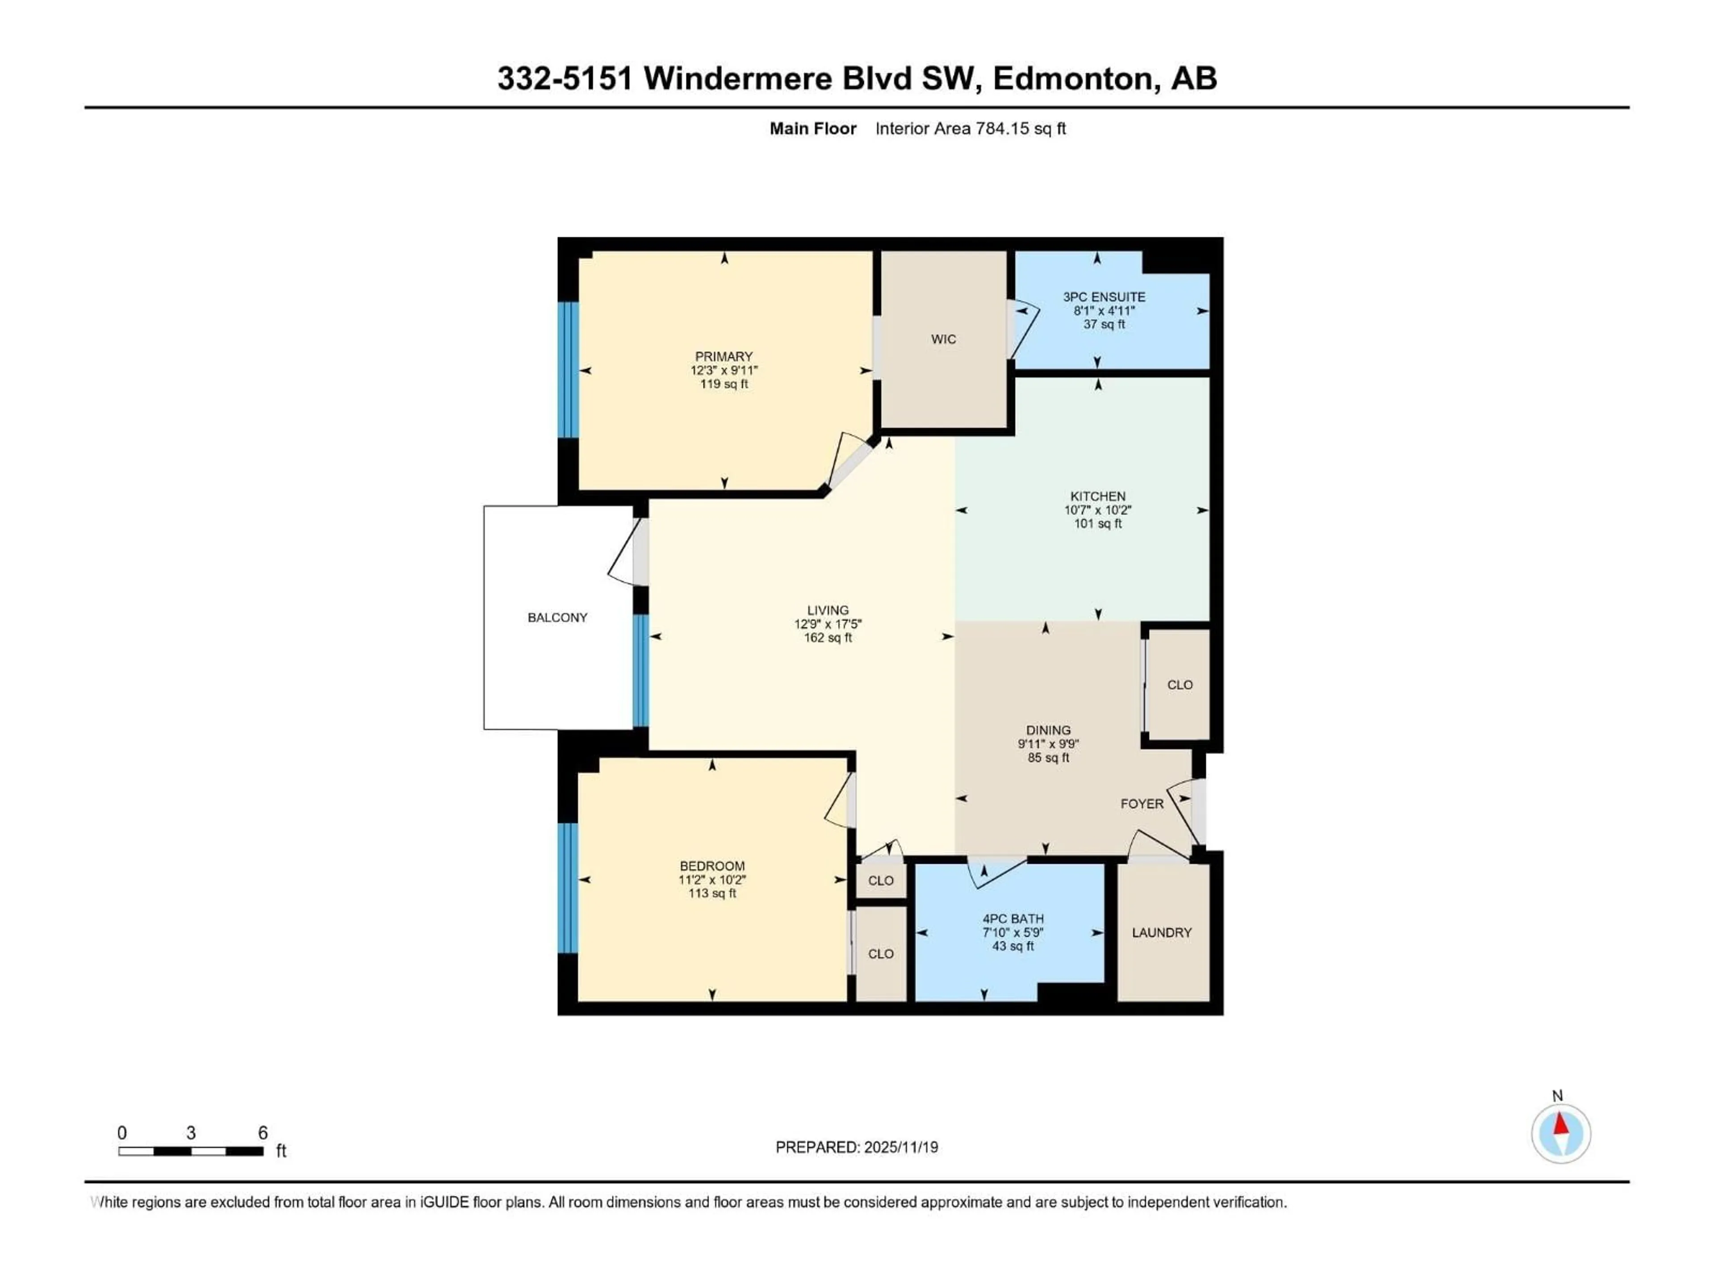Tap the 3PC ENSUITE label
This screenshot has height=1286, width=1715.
(x=1104, y=297)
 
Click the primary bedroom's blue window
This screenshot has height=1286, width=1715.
(x=568, y=370)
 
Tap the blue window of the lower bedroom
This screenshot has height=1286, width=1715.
(x=568, y=888)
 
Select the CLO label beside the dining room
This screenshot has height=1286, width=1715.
(x=1179, y=685)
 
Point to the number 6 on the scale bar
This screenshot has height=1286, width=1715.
(x=263, y=1132)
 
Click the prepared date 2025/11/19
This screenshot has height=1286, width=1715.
(x=901, y=1147)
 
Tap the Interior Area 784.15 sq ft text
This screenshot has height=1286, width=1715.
(x=970, y=129)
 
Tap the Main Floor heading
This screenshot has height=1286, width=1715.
(x=812, y=129)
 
